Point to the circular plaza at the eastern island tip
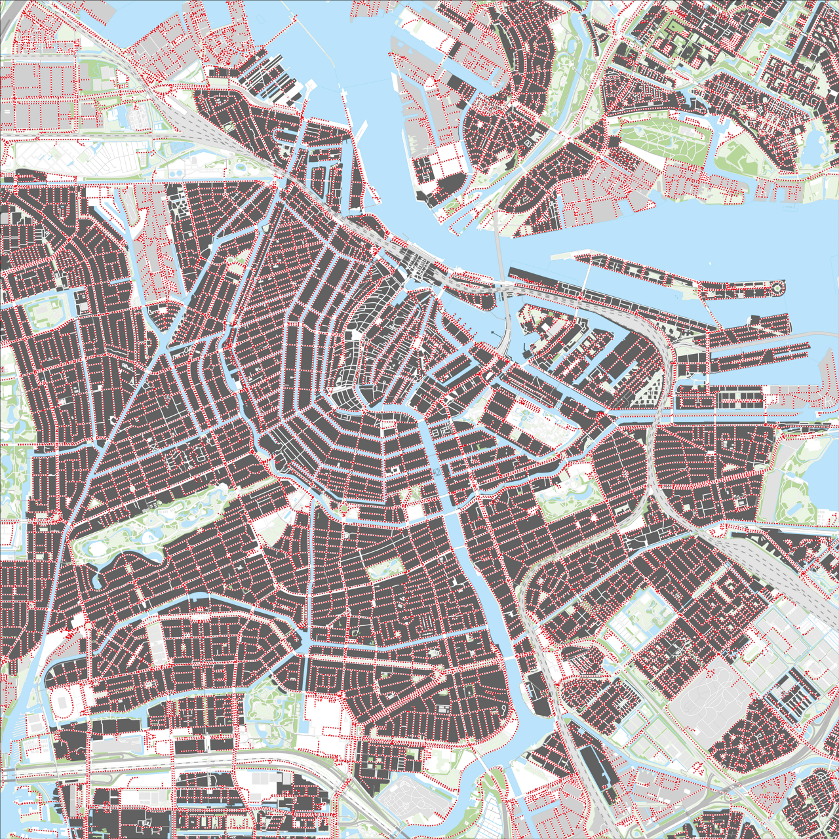pyautogui.click(x=777, y=287)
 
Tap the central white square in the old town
pyautogui.click(x=355, y=336)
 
